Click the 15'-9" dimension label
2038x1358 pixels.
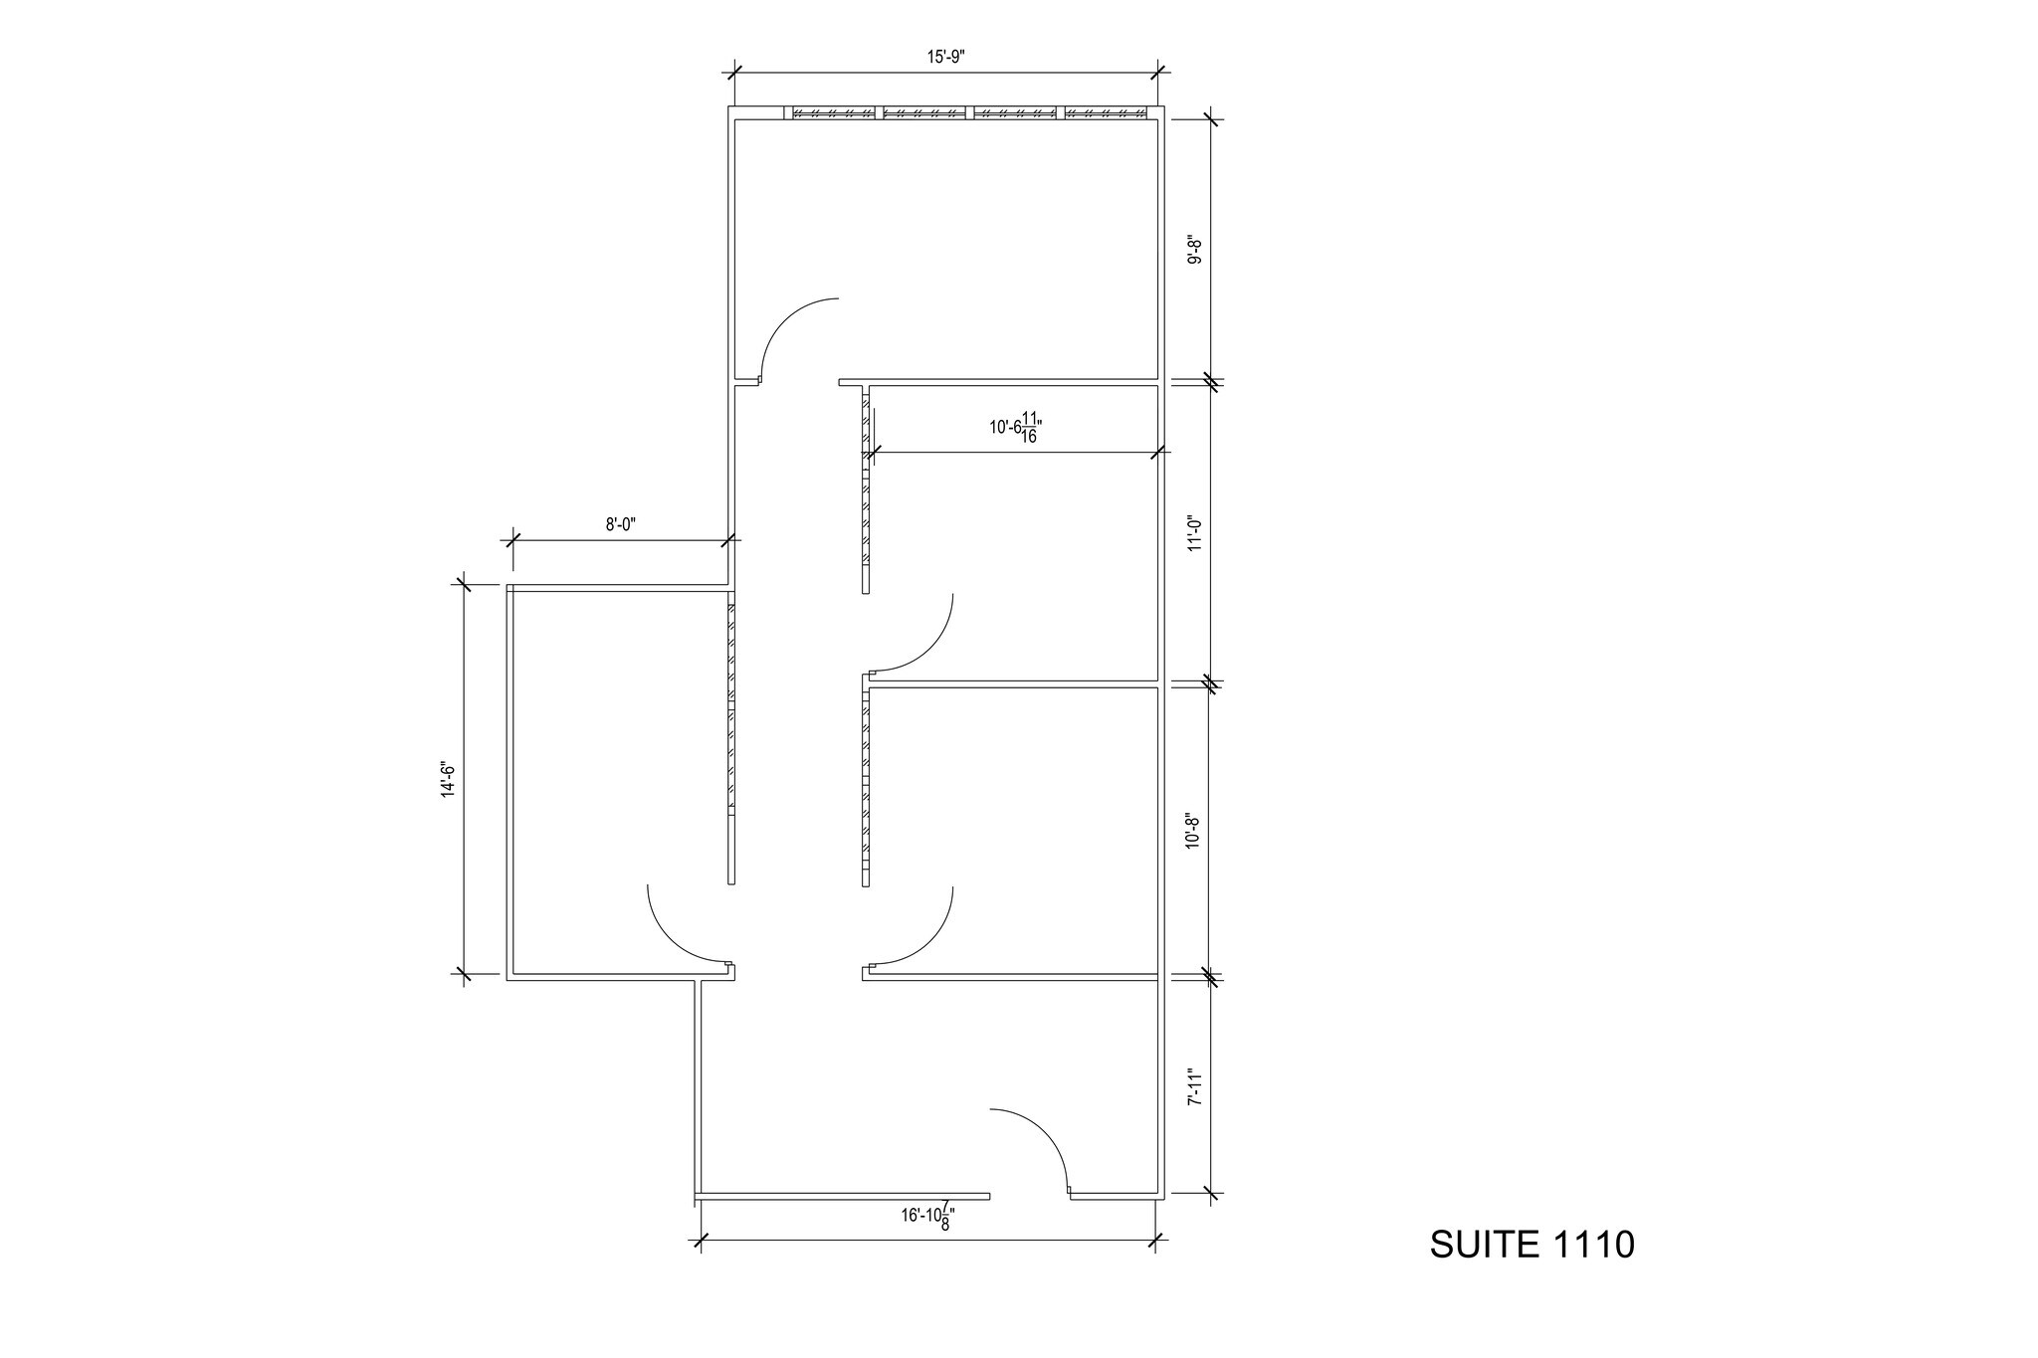click(945, 58)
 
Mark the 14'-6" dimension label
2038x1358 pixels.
click(449, 779)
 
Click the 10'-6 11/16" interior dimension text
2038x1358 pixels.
click(1015, 428)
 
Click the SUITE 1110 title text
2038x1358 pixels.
click(1531, 1245)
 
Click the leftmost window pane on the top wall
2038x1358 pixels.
click(833, 112)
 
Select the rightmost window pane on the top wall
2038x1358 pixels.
click(1105, 112)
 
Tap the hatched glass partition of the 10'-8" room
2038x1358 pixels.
click(866, 786)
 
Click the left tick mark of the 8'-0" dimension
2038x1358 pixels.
click(512, 540)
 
